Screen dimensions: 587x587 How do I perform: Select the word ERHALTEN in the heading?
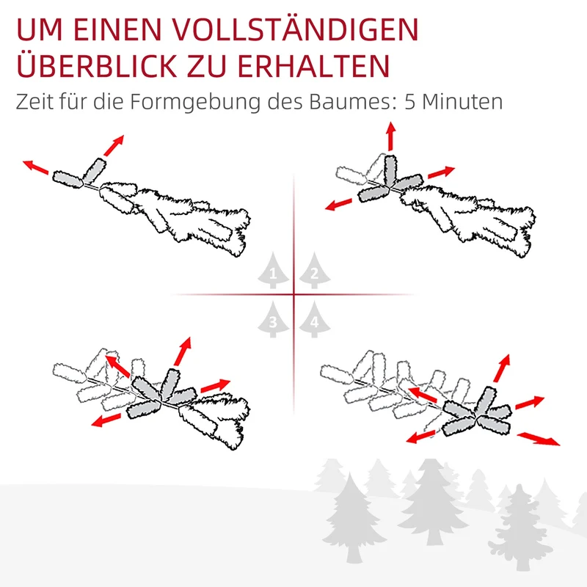point(313,66)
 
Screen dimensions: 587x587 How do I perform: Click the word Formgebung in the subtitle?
point(195,102)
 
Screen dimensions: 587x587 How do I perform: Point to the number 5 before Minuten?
point(410,102)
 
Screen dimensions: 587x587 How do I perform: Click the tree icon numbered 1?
point(273,270)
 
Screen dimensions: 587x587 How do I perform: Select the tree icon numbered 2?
point(315,270)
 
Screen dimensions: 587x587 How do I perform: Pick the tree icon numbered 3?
point(273,319)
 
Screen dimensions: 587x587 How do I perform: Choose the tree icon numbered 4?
point(315,319)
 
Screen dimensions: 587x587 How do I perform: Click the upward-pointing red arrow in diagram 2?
point(391,136)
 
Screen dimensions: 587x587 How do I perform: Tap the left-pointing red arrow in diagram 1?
point(36,167)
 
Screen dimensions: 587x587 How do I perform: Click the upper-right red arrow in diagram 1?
point(114,145)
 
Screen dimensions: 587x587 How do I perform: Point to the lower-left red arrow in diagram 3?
point(106,420)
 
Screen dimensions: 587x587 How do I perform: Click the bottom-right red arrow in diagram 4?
point(539,439)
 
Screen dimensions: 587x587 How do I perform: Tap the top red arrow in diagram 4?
point(502,368)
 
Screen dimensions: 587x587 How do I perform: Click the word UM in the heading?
point(40,29)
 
